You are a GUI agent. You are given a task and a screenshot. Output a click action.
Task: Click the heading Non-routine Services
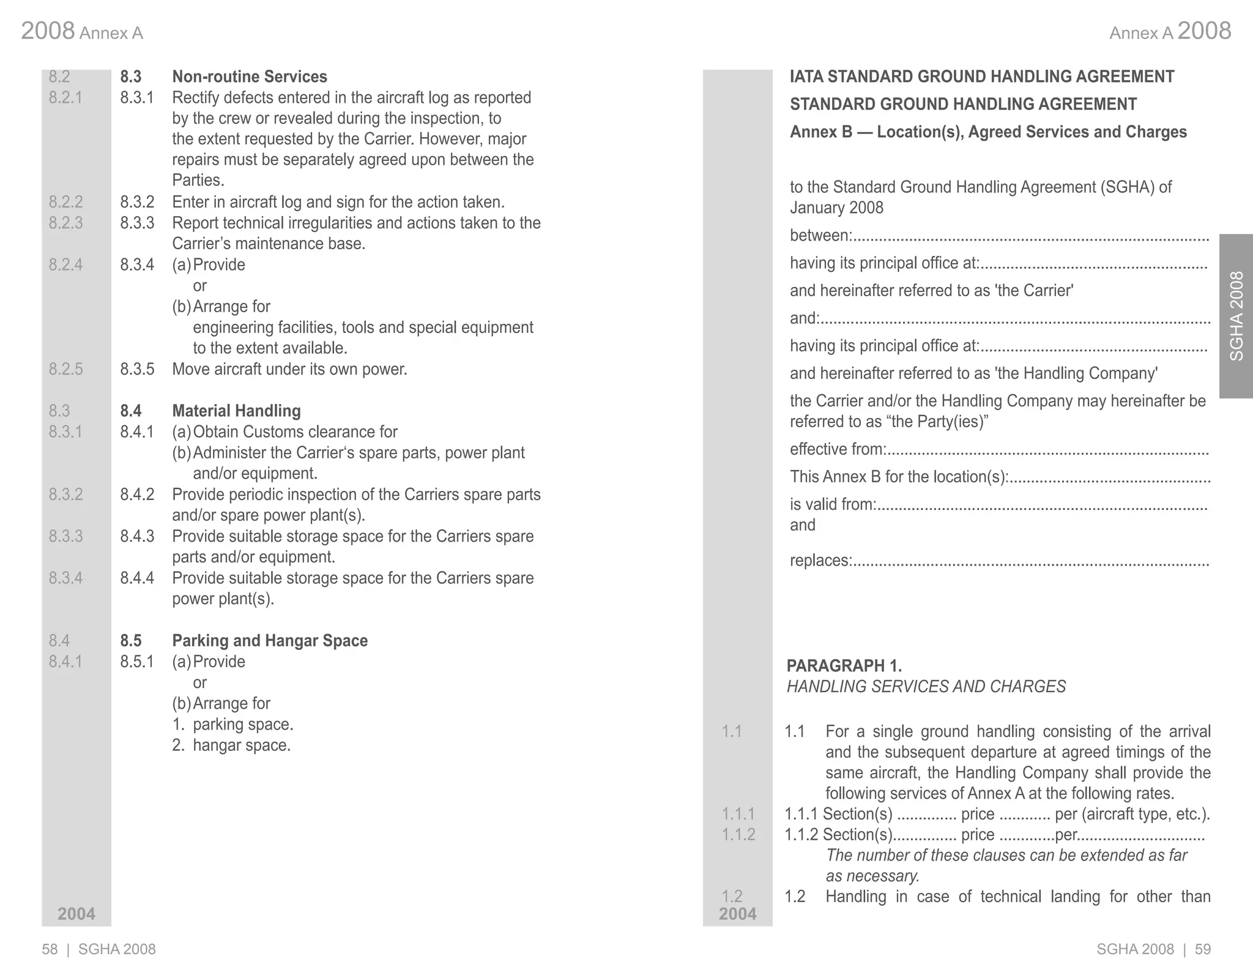[x=249, y=77]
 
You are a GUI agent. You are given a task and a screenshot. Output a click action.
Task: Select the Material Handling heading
[x=236, y=411]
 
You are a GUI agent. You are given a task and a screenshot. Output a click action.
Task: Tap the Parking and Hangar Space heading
[x=269, y=641]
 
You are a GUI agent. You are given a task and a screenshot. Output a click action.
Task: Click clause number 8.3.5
[x=137, y=369]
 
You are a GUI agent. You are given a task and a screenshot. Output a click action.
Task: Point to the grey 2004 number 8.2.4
[x=65, y=264]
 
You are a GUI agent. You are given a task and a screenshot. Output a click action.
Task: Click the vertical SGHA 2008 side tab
[x=1236, y=316]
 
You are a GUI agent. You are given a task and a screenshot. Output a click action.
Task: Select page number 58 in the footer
[x=50, y=949]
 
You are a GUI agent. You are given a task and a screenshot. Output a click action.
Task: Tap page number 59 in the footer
[x=1203, y=949]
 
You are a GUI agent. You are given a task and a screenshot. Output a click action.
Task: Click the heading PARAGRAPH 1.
[x=844, y=665]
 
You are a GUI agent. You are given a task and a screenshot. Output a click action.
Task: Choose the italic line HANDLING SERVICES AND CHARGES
[x=926, y=687]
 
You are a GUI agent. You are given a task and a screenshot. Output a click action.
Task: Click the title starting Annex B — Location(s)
[x=988, y=132]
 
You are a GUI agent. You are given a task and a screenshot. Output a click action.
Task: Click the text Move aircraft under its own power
[x=289, y=369]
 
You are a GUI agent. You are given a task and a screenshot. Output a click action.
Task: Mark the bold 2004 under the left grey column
[x=76, y=914]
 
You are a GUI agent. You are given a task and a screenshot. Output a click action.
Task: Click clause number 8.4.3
[x=137, y=536]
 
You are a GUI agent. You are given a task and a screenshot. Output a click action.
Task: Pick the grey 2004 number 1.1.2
[x=738, y=834]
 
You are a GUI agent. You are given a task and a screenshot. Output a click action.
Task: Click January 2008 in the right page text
[x=836, y=208]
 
